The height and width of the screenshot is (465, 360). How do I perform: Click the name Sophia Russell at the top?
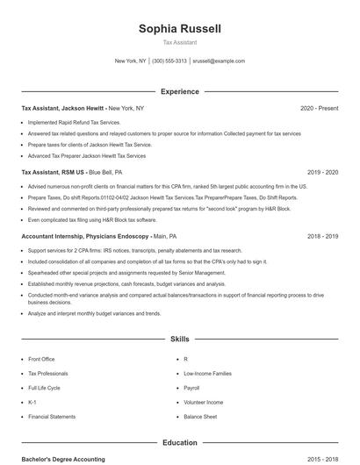click(x=179, y=29)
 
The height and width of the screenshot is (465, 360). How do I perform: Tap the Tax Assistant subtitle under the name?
click(x=179, y=42)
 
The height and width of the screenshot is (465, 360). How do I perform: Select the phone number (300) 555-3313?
click(x=169, y=61)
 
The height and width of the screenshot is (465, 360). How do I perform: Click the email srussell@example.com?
click(x=219, y=61)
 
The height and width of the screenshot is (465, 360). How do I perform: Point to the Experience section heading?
click(x=179, y=91)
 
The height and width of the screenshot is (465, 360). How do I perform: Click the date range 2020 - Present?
click(x=319, y=108)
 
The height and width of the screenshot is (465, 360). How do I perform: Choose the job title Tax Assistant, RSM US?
click(x=54, y=173)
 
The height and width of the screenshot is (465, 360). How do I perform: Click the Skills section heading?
click(x=179, y=338)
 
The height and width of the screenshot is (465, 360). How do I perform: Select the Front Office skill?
click(x=41, y=359)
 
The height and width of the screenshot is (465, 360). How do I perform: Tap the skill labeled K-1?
click(x=32, y=402)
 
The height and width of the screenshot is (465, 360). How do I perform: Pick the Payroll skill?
click(x=191, y=388)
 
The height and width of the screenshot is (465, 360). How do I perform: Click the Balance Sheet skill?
click(x=200, y=417)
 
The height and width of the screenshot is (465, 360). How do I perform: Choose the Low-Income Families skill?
click(x=207, y=373)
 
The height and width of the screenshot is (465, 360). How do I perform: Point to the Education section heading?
click(x=179, y=443)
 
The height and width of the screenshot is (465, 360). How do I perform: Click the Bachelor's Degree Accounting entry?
click(x=63, y=459)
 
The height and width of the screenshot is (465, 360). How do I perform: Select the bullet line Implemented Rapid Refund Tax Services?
click(x=74, y=123)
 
